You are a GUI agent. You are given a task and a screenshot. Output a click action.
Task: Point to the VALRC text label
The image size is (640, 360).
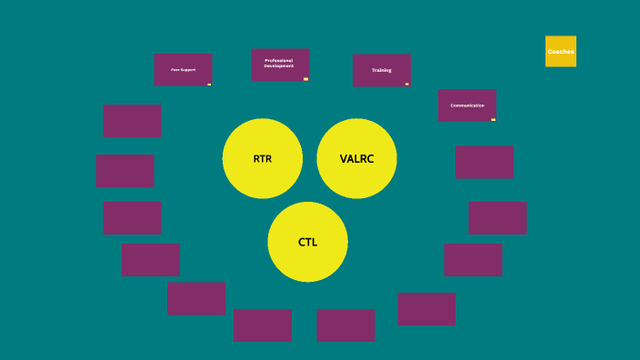356,159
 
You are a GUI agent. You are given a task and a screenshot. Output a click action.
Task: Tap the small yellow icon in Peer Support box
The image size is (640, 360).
209,84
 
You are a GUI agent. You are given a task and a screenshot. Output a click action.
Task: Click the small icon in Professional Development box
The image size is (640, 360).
305,79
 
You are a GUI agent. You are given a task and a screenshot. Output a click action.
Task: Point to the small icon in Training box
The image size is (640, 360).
406,84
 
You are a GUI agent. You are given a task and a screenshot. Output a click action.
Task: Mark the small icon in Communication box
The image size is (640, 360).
493,119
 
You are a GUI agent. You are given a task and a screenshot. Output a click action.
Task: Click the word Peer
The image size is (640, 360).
175,70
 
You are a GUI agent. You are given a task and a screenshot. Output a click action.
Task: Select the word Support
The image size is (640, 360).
188,70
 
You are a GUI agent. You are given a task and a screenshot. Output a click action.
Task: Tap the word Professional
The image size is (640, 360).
279,61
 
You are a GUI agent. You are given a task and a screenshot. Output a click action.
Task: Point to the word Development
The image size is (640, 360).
279,66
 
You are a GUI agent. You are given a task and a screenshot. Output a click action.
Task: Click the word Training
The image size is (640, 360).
381,70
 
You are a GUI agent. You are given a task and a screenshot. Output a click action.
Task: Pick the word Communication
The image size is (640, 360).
466,105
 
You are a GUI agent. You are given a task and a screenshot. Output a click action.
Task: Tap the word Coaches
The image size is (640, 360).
560,52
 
